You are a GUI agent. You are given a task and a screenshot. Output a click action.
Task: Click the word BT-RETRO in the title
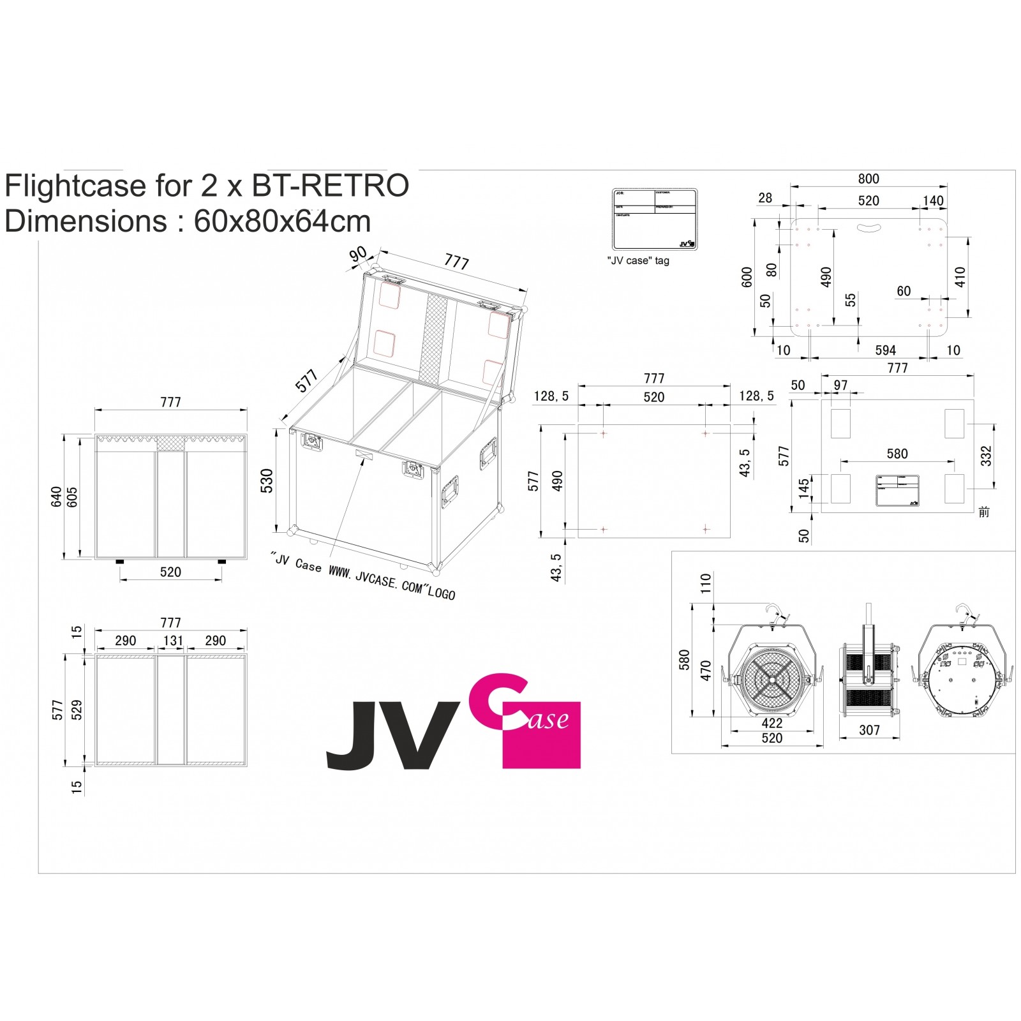330,186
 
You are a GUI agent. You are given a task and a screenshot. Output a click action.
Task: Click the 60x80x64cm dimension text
282,221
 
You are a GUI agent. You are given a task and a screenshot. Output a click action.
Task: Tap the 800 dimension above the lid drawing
868,179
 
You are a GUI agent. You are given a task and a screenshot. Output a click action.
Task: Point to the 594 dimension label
885,350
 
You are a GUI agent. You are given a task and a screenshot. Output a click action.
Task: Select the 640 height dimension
57,496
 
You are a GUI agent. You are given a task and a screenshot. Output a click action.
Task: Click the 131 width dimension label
173,641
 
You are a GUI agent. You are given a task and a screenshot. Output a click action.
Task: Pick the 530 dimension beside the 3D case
267,481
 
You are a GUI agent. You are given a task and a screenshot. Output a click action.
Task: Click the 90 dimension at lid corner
358,254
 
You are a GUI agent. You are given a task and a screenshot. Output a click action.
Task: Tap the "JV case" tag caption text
637,261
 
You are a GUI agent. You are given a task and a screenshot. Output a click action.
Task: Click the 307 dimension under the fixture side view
869,730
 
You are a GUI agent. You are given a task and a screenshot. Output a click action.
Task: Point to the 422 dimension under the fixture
771,723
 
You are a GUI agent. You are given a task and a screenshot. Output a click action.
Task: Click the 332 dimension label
986,456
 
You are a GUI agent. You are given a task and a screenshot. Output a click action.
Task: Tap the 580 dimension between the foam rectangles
897,454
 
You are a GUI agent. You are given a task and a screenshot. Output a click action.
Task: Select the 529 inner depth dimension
77,710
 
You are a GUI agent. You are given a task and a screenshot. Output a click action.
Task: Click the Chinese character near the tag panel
983,512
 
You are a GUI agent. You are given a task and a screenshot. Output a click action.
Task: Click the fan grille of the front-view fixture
772,679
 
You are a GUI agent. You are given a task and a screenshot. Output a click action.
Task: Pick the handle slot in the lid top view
868,227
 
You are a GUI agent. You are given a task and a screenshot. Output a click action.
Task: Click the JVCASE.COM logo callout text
364,576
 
